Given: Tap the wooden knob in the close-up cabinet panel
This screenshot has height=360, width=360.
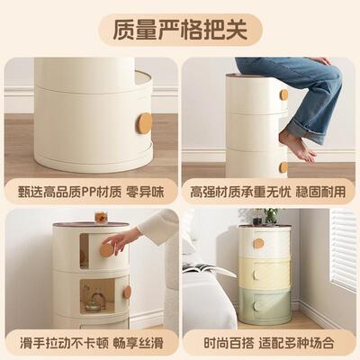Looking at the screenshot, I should [144, 122].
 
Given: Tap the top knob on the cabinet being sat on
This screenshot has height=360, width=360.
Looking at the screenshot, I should [283, 94].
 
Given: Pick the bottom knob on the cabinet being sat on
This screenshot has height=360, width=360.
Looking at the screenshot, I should [283, 166].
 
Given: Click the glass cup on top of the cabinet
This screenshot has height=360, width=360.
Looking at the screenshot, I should [101, 216].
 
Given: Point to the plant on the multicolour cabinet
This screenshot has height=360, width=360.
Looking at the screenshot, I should [267, 215].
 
